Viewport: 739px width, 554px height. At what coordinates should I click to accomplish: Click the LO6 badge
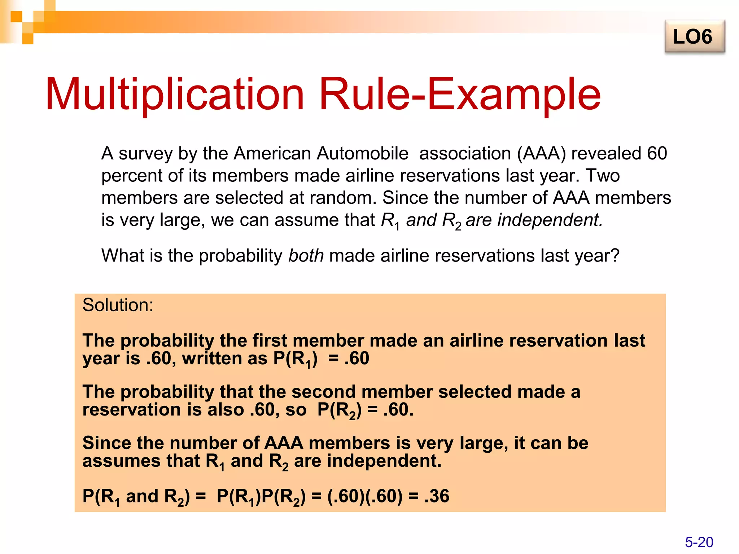(694, 37)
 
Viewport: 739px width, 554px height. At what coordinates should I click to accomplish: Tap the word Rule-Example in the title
(460, 94)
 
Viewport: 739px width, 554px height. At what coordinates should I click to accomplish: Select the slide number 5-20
(699, 542)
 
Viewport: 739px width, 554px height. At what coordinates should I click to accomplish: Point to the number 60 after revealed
(657, 154)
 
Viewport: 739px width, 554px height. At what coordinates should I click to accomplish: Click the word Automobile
(362, 154)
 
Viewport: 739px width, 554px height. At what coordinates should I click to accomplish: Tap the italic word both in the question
(306, 256)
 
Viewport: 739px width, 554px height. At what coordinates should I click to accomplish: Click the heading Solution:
(118, 305)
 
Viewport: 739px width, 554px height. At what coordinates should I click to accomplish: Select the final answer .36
(437, 496)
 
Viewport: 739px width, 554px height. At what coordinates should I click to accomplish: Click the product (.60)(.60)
(364, 496)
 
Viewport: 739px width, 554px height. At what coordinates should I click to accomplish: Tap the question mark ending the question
(615, 256)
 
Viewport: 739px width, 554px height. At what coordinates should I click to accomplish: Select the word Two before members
(602, 176)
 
